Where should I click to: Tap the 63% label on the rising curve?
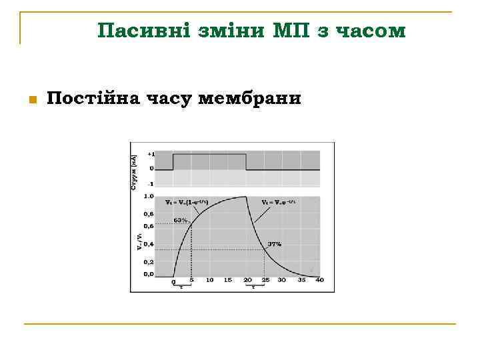(x=180, y=219)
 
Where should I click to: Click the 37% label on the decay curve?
(x=274, y=244)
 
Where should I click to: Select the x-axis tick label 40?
(x=319, y=280)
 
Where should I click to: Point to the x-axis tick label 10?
(x=209, y=280)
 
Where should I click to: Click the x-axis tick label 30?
(x=283, y=280)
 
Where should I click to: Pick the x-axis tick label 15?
(x=228, y=280)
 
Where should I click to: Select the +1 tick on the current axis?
(x=151, y=153)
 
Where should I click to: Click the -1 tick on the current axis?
(x=151, y=183)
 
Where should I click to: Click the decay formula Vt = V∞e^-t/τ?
(x=278, y=201)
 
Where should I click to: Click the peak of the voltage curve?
(x=246, y=197)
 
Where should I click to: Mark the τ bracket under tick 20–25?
(x=255, y=286)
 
